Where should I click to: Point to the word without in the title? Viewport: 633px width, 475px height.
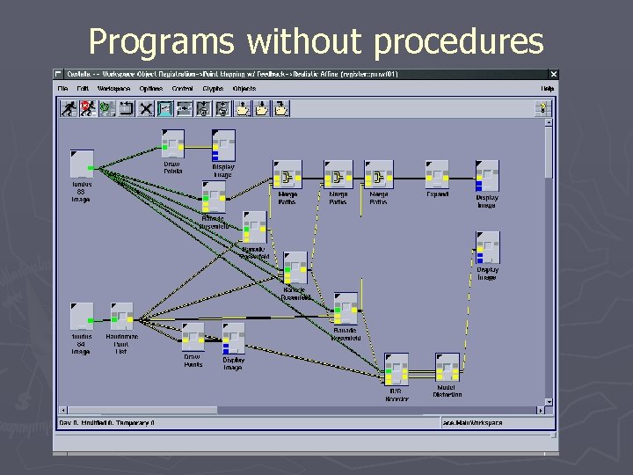(x=302, y=41)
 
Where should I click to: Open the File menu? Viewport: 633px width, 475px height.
(x=62, y=89)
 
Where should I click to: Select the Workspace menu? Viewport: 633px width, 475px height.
(x=113, y=89)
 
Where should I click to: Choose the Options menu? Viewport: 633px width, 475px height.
(x=150, y=89)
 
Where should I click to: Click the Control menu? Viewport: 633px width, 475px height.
(x=182, y=89)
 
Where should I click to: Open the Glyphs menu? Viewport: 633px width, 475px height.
(x=212, y=89)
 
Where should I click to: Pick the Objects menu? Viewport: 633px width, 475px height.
(x=244, y=89)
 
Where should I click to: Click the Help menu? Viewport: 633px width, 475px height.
(x=547, y=89)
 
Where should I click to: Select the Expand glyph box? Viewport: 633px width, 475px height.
(x=437, y=174)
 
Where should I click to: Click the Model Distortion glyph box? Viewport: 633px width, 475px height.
(x=447, y=368)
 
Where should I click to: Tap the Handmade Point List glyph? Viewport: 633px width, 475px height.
(x=121, y=318)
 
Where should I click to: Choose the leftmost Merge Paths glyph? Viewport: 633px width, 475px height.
(x=287, y=174)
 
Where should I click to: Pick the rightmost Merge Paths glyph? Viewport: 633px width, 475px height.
(x=379, y=174)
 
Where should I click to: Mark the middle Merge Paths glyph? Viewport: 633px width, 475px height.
(x=338, y=174)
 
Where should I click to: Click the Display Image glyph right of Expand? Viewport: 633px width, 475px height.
(x=487, y=175)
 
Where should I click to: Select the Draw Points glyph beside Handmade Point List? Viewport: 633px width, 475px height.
(x=193, y=337)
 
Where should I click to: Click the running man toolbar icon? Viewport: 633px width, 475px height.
(x=67, y=108)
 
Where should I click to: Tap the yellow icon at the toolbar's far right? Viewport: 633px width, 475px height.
(x=543, y=108)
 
